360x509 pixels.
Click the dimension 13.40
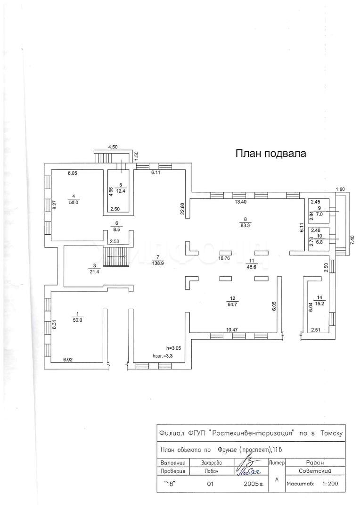(x=241, y=202)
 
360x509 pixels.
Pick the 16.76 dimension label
(x=224, y=258)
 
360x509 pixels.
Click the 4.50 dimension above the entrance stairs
(x=113, y=147)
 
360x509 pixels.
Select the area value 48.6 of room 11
(x=252, y=266)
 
